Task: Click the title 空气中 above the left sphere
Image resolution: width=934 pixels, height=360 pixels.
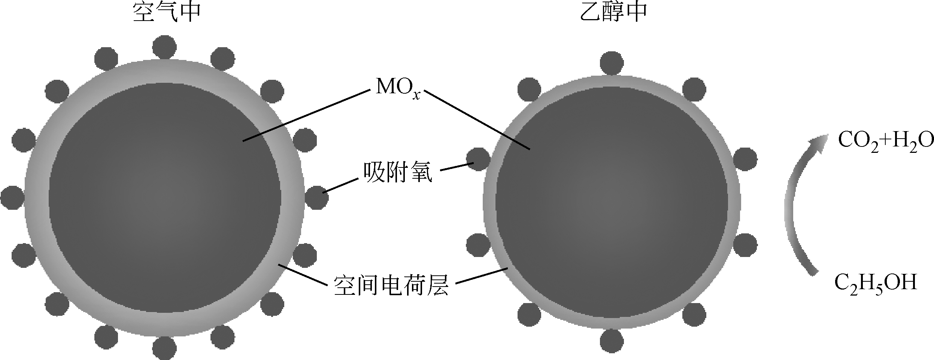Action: click(x=167, y=13)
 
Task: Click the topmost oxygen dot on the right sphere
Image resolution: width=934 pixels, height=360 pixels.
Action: click(x=612, y=62)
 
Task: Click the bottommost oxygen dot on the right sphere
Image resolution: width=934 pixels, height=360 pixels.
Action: click(x=612, y=341)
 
